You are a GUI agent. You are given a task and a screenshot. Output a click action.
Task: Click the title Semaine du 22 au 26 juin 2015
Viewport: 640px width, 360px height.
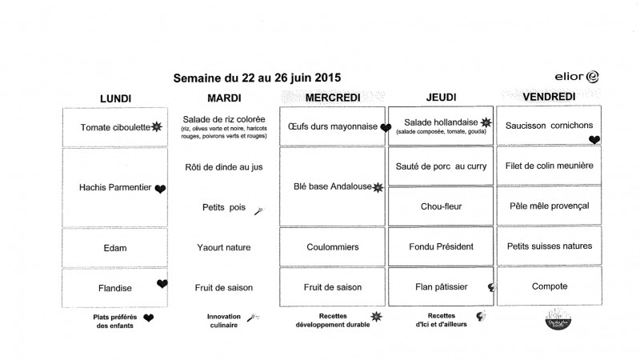coord(257,78)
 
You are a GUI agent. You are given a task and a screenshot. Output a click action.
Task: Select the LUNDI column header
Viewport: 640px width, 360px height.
coord(115,98)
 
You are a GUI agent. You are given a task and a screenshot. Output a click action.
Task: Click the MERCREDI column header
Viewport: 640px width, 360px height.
coord(332,98)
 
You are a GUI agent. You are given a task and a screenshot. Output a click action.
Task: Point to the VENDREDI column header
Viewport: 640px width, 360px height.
coord(549,98)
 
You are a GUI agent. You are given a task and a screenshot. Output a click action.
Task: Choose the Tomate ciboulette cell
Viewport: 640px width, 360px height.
coord(115,127)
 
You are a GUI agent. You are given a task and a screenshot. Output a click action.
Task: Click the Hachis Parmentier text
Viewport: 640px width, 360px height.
coord(115,188)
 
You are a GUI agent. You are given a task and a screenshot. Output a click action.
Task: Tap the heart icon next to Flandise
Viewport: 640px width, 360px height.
coord(162,284)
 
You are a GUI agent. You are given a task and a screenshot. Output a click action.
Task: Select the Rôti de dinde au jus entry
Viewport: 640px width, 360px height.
coord(223,167)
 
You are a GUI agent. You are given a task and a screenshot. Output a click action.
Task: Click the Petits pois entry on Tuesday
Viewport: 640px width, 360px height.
coord(223,207)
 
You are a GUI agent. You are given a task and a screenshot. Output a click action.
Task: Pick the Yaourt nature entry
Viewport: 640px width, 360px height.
coord(223,248)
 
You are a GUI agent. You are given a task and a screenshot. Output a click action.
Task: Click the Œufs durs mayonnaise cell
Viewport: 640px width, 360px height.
coord(332,126)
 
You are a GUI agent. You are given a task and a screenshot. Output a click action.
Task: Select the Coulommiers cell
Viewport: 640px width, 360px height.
coord(332,247)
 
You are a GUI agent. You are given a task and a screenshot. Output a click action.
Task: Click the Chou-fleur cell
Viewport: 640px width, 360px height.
coord(441,206)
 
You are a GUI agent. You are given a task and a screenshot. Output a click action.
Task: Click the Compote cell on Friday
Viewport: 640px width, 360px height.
coord(549,286)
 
